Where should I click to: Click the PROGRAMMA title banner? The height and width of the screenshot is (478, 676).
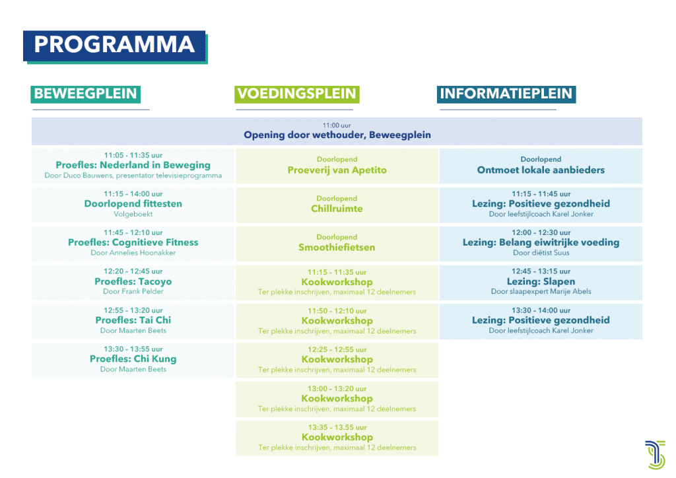(x=114, y=45)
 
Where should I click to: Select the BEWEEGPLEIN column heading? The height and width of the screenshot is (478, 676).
(x=85, y=94)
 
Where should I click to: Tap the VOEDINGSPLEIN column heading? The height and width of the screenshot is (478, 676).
(x=296, y=94)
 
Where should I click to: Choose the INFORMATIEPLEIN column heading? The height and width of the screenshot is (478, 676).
(x=506, y=94)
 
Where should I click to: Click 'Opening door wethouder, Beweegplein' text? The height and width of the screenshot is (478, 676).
(x=337, y=135)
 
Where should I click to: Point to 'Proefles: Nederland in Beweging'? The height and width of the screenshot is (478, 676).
(x=133, y=165)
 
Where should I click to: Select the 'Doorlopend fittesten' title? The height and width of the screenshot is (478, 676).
(x=133, y=204)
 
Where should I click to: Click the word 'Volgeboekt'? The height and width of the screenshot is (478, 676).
(x=133, y=214)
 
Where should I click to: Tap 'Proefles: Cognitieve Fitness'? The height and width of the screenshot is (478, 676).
(x=133, y=243)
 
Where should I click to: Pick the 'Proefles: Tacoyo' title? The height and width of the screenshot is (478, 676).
(x=133, y=282)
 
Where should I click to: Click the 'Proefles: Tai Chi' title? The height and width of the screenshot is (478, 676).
(x=133, y=321)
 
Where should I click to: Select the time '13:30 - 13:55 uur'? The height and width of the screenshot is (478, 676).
(x=133, y=349)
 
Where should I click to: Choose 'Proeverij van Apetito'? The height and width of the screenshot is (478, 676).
(x=337, y=170)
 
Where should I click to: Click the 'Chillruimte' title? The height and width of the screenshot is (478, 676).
(x=337, y=209)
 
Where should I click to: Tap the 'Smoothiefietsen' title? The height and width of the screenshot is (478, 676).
(x=337, y=248)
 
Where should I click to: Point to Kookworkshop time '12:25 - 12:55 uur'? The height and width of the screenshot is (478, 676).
(x=337, y=350)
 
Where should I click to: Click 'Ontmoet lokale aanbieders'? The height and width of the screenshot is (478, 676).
(x=541, y=170)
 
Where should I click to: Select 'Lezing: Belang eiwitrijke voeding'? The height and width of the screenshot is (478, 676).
(x=541, y=243)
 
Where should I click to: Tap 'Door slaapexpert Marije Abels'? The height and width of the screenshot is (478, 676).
(x=541, y=292)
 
